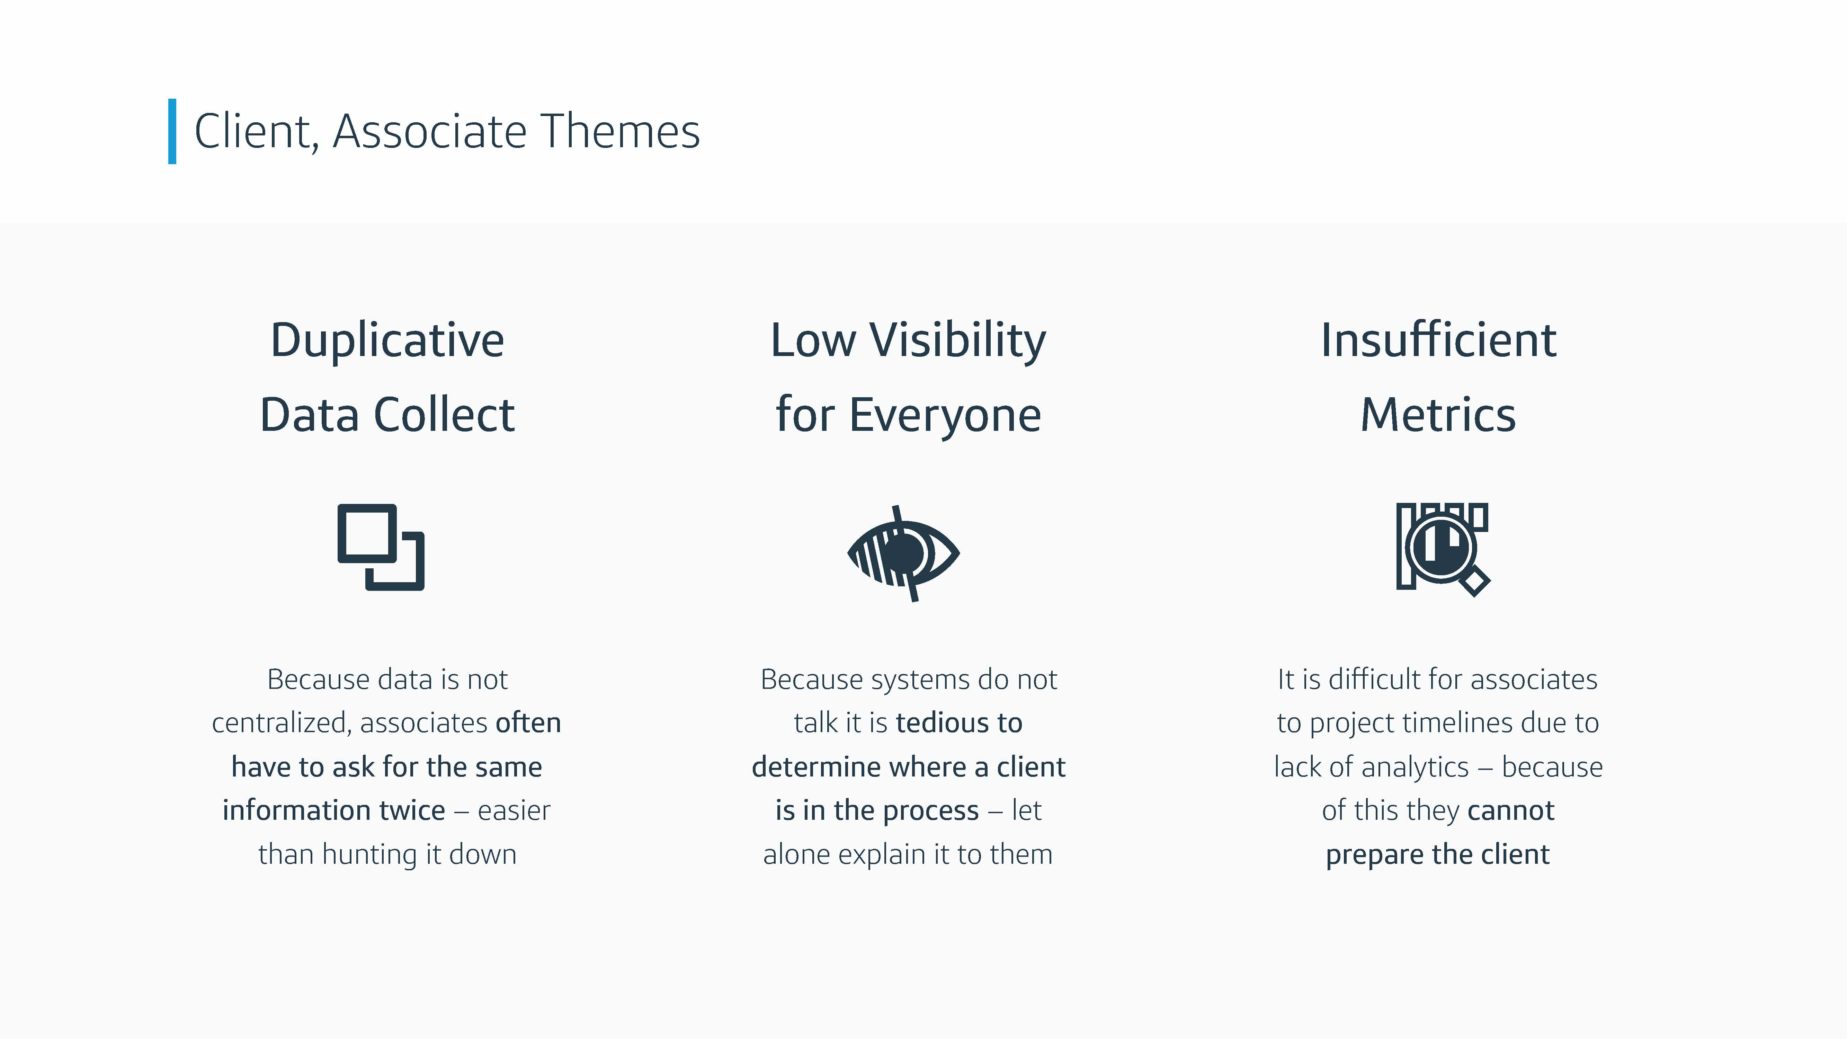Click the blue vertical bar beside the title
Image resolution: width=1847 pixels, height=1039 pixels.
[x=172, y=131]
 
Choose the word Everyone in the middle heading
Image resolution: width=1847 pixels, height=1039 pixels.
[x=945, y=416]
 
